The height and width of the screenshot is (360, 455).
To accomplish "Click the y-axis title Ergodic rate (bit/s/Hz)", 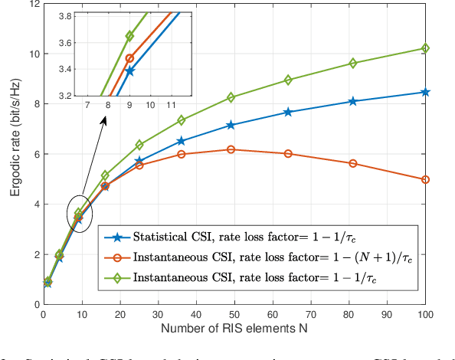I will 15,154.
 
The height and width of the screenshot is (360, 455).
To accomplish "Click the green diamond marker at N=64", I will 288,80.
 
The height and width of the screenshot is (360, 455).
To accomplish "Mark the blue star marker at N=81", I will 353,101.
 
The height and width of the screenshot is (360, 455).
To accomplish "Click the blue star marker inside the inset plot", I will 129,71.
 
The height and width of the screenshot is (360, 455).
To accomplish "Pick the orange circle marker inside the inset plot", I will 129,58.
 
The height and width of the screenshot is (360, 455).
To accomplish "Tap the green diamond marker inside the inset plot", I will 129,36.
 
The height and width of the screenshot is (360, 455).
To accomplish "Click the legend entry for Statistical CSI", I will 253,235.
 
